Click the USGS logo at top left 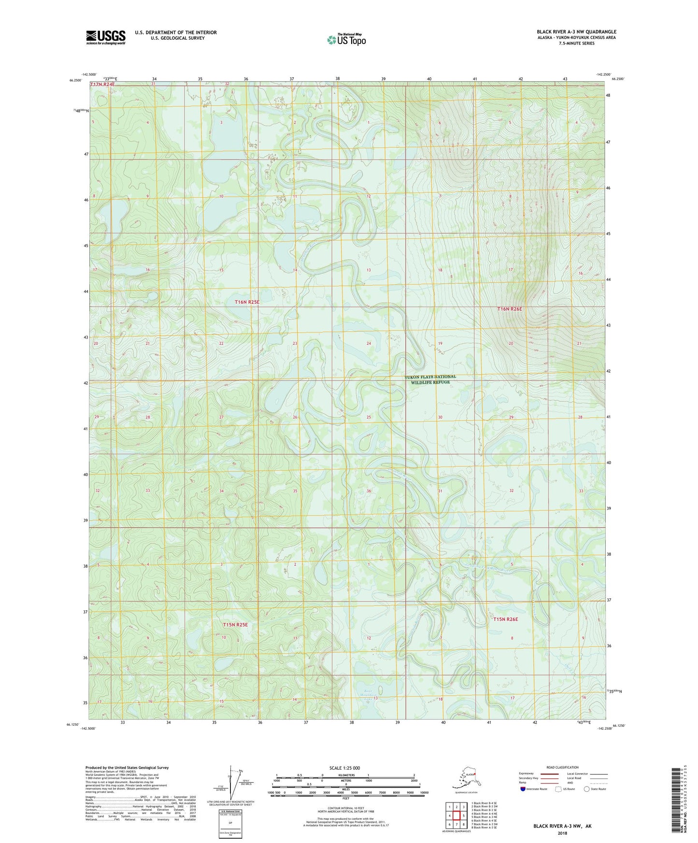click(105, 37)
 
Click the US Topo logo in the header click(346, 40)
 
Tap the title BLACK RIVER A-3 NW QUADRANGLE click(576, 32)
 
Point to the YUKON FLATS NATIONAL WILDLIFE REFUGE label click(430, 379)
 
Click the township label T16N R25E click(247, 302)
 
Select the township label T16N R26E click(510, 309)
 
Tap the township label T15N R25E click(235, 625)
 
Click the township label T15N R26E click(505, 619)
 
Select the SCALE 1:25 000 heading click(344, 768)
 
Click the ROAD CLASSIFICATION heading click(562, 767)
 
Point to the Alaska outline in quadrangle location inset click(465, 778)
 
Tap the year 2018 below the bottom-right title click(562, 833)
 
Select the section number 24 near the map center click(369, 343)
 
